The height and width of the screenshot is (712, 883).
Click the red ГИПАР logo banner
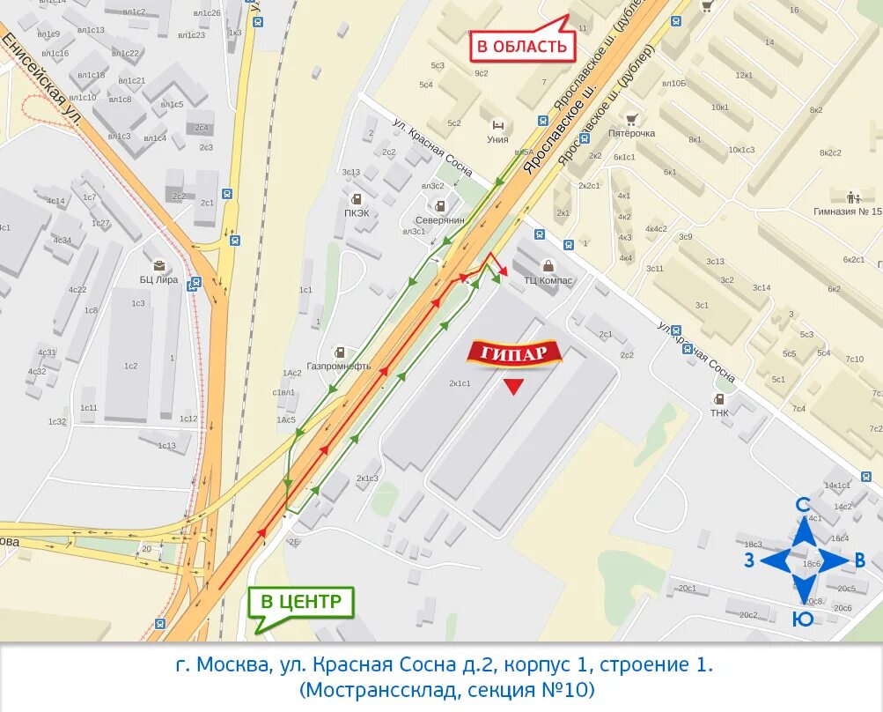514,353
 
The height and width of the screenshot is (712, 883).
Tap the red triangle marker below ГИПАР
513,387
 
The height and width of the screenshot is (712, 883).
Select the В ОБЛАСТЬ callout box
522,45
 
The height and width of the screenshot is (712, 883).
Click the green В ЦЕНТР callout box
300,603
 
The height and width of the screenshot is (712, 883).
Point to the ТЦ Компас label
548,280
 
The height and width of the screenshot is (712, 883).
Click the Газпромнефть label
339,366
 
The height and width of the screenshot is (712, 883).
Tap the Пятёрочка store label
631,133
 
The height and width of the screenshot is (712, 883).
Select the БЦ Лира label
158,279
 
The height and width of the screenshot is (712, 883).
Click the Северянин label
439,220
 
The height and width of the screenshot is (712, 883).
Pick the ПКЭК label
357,212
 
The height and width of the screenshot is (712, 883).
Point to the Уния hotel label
498,138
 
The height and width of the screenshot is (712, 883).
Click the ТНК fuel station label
719,412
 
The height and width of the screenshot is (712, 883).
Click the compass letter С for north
803,505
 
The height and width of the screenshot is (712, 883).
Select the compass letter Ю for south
803,619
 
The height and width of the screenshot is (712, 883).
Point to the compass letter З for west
748,560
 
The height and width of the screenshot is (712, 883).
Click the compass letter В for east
860,560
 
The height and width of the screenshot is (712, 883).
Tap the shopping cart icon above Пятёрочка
631,119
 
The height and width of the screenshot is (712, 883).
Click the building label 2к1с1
460,382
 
